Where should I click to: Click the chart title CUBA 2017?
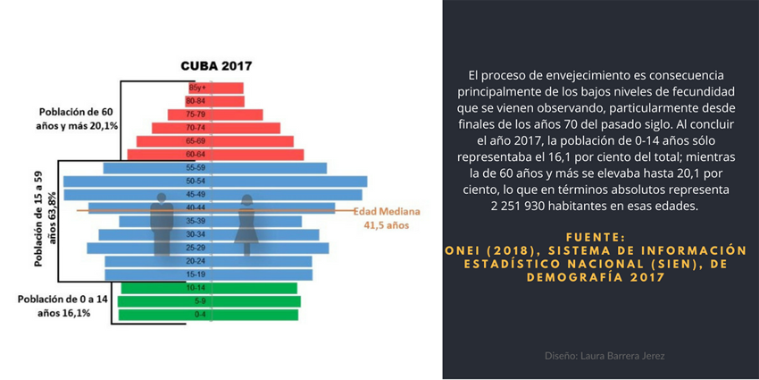click(x=216, y=65)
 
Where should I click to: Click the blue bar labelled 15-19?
click(x=268, y=274)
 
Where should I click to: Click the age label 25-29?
click(x=196, y=248)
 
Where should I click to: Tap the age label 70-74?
click(x=196, y=128)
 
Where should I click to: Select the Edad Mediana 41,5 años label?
click(x=380, y=219)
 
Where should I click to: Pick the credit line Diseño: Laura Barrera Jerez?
click(x=605, y=355)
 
